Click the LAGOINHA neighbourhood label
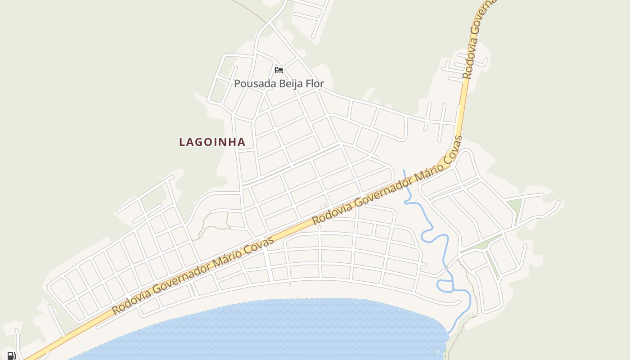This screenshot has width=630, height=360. point(212,142)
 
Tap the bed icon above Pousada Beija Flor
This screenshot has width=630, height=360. point(279,70)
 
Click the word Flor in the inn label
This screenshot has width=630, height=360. point(315,84)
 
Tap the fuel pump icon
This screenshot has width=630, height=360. point(12,355)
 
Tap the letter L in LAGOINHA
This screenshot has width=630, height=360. point(182,142)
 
